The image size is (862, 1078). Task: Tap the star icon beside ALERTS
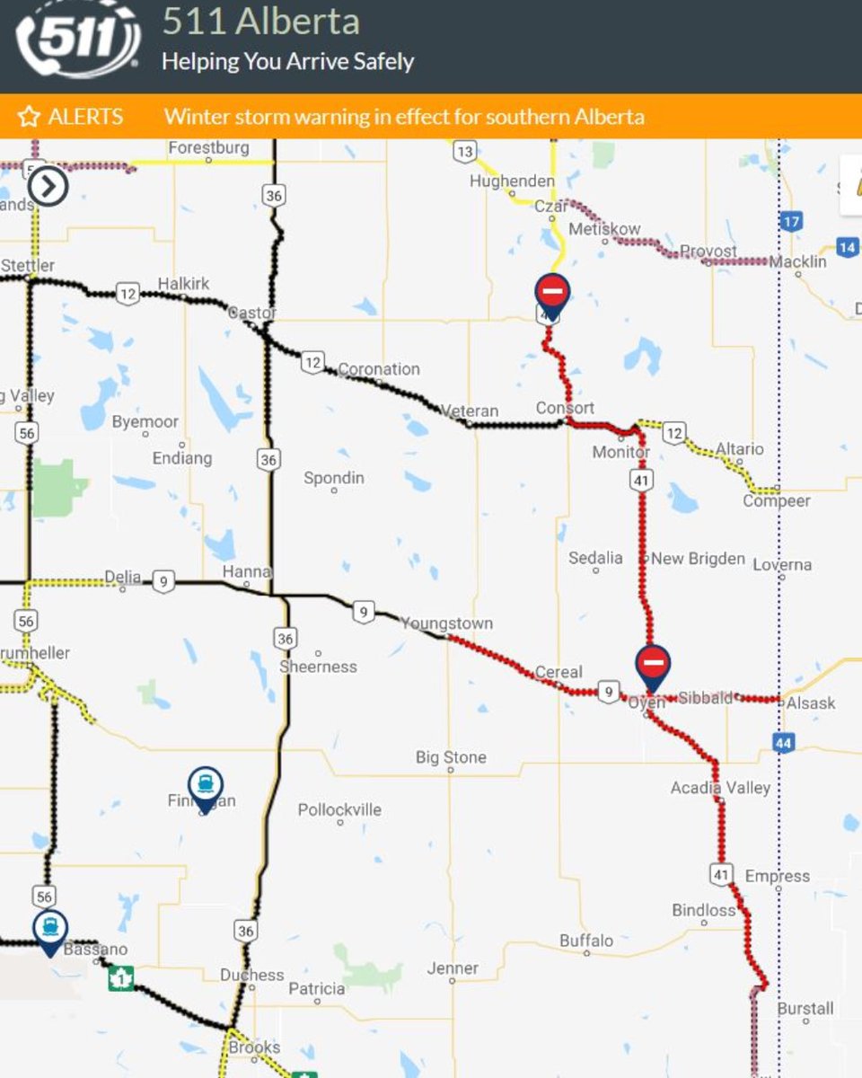[x=29, y=117]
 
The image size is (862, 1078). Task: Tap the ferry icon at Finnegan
[x=206, y=785]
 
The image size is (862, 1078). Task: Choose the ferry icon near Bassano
[x=50, y=928]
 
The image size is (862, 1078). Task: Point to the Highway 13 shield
[x=463, y=152]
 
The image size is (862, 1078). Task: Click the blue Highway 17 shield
[x=790, y=221]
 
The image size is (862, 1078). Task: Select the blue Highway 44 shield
[x=783, y=742]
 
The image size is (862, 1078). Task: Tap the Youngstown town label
[x=446, y=623]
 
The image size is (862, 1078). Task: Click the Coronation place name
[x=378, y=369]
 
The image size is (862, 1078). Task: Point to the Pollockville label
[x=339, y=809]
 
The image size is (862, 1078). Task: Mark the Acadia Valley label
[x=720, y=788]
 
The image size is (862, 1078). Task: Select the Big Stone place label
[x=451, y=757]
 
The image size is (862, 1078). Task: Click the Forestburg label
[x=208, y=147]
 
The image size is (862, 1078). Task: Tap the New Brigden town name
[x=698, y=559]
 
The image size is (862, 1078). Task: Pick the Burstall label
[x=805, y=1009]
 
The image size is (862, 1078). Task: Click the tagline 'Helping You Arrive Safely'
[x=287, y=62]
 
